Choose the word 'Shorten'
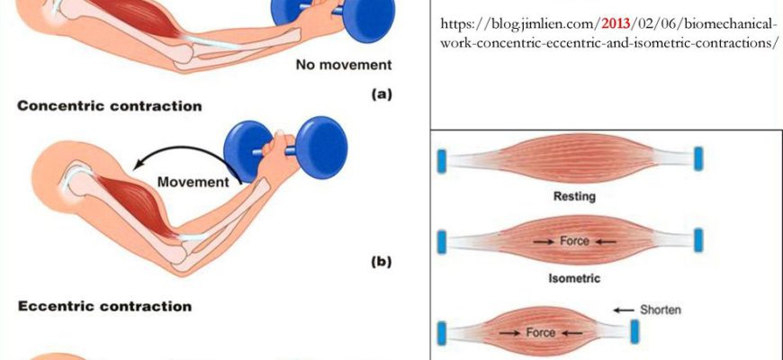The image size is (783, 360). (660, 310)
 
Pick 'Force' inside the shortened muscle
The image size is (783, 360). (540, 332)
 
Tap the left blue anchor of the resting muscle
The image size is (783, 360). (441, 161)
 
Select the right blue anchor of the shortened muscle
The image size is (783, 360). (634, 332)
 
